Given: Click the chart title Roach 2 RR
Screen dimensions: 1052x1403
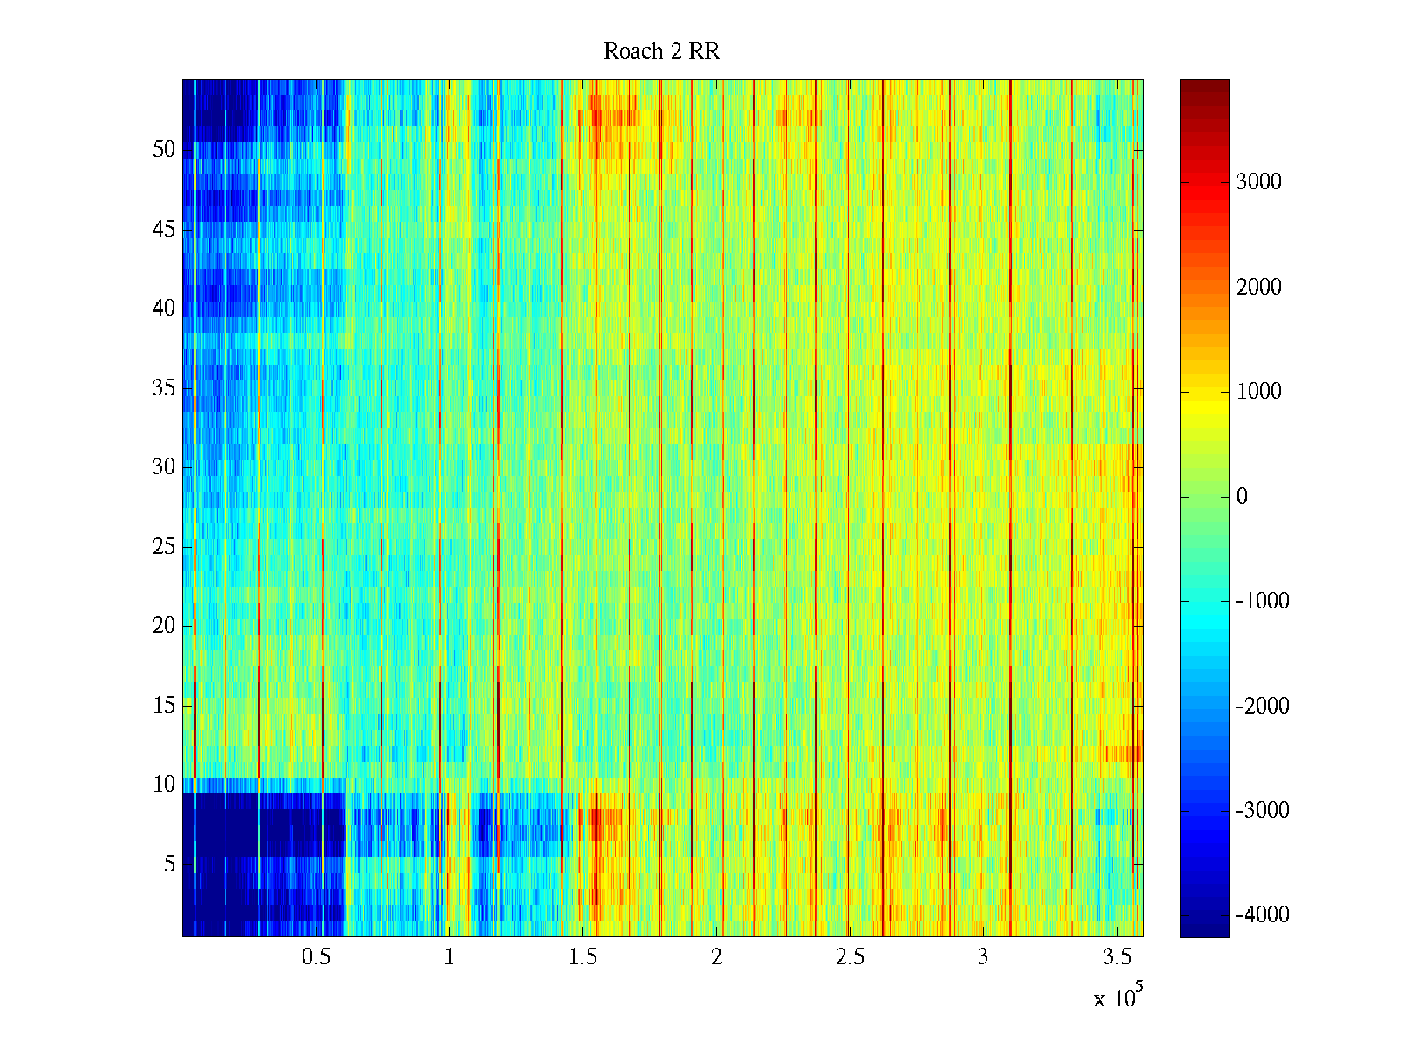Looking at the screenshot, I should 661,52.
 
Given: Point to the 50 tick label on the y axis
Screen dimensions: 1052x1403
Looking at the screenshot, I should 164,150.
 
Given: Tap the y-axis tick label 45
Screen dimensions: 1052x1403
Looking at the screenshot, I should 164,230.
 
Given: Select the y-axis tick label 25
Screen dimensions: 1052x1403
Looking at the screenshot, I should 164,547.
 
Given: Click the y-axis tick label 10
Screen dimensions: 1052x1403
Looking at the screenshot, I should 164,785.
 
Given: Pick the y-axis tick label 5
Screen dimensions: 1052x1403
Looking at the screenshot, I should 169,864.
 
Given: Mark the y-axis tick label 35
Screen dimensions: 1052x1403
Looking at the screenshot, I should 164,388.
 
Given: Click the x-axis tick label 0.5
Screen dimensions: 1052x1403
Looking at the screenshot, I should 316,957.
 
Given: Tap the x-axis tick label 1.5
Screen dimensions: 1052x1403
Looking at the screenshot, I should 583,957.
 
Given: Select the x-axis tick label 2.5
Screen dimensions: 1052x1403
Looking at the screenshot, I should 850,957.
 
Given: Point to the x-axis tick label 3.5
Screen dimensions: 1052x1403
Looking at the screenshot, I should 1117,957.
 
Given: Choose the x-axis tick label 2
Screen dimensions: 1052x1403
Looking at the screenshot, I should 716,957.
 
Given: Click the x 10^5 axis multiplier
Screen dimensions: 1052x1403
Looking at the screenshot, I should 1118,997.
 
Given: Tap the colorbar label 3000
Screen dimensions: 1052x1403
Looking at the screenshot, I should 1258,182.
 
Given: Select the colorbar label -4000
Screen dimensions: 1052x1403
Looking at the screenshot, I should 1262,915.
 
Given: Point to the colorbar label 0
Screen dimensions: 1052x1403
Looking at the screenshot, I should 1242,497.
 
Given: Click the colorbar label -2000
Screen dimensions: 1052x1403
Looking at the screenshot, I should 1262,707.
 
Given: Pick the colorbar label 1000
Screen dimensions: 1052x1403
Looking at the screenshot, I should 1258,392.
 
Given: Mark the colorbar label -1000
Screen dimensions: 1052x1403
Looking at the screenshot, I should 1262,601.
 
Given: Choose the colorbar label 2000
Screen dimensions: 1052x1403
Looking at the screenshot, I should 1258,288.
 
